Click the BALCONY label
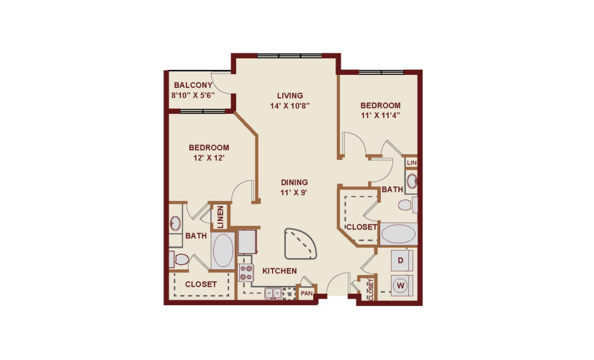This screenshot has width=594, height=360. (193, 85)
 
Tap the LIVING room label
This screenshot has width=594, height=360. (290, 96)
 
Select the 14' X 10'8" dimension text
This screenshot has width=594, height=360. (290, 106)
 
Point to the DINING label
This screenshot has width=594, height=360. (294, 182)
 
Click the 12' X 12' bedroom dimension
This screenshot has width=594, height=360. (209, 158)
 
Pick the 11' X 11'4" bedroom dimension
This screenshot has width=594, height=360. (380, 115)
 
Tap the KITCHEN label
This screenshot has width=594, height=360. (279, 271)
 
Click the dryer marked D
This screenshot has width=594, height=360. (401, 261)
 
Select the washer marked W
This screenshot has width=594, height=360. (401, 285)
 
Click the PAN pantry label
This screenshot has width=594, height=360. (307, 293)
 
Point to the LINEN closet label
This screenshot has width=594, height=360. (220, 217)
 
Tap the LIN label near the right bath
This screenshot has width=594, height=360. (411, 163)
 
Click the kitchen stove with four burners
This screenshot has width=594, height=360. (246, 273)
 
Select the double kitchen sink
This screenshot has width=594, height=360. (273, 293)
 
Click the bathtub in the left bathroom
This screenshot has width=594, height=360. (222, 251)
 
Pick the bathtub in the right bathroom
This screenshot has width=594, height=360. (398, 234)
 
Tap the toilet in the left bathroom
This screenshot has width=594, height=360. (179, 260)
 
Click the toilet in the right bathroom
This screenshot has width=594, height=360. (408, 205)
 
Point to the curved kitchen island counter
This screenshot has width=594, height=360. (300, 243)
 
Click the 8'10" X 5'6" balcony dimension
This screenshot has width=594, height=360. (193, 96)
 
